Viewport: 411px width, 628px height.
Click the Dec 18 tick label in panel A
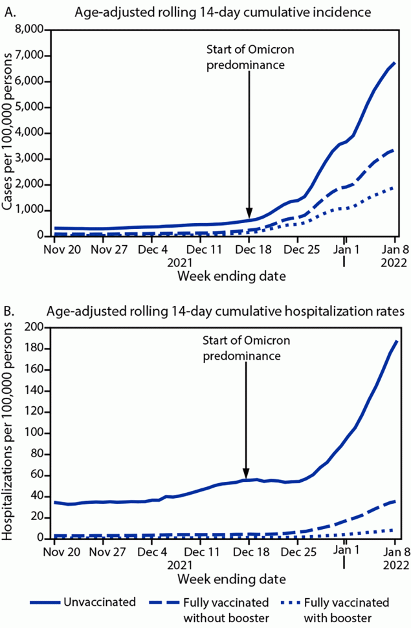point(249,248)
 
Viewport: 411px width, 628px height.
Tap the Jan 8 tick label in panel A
point(395,248)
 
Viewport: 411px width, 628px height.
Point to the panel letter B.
point(8,311)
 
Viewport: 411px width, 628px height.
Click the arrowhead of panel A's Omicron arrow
point(249,215)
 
